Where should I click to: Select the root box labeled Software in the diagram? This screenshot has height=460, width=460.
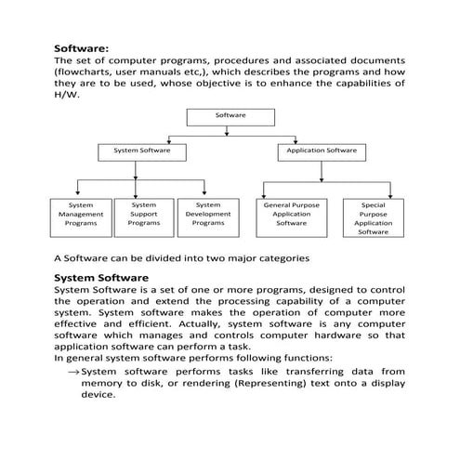pos(230,116)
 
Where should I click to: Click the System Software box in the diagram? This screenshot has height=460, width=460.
pos(141,151)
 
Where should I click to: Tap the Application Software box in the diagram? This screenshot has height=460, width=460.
pos(321,151)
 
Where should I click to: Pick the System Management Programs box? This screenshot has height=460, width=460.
pos(81,214)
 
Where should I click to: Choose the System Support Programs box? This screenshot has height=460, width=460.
pos(144,214)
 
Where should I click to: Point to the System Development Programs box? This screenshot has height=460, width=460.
pos(208,214)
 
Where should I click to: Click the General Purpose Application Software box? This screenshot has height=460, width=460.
pos(291,214)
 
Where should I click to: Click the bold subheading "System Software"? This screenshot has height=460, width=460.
pos(100,277)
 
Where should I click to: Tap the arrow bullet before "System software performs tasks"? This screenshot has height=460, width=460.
pos(72,371)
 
